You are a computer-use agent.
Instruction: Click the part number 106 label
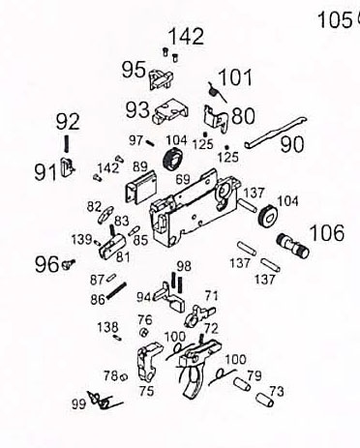pyautogui.click(x=327, y=233)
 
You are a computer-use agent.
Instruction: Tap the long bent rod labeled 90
pyautogui.click(x=275, y=133)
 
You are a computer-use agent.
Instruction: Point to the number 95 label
pyautogui.click(x=134, y=70)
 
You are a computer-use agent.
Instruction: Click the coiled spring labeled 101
pyautogui.click(x=217, y=92)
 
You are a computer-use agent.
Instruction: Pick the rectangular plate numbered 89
pyautogui.click(x=141, y=188)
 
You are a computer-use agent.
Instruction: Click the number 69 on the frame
pyautogui.click(x=183, y=179)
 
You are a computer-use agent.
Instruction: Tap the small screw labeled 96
pyautogui.click(x=69, y=264)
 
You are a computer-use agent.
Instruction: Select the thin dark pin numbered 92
pyautogui.click(x=67, y=143)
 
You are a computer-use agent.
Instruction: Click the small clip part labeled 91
pyautogui.click(x=68, y=166)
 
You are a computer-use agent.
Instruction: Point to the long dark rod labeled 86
pyautogui.click(x=116, y=290)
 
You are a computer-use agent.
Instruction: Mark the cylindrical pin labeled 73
pyautogui.click(x=265, y=400)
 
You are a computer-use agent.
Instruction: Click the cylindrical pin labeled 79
pyautogui.click(x=242, y=384)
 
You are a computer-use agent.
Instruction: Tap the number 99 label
pyautogui.click(x=78, y=403)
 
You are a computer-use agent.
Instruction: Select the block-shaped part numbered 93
pyautogui.click(x=171, y=112)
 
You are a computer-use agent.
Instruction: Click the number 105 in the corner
pyautogui.click(x=335, y=20)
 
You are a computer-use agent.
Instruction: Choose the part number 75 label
pyautogui.click(x=146, y=391)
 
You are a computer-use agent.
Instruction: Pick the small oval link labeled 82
pyautogui.click(x=105, y=214)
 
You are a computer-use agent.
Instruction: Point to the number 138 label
pyautogui.click(x=107, y=327)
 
